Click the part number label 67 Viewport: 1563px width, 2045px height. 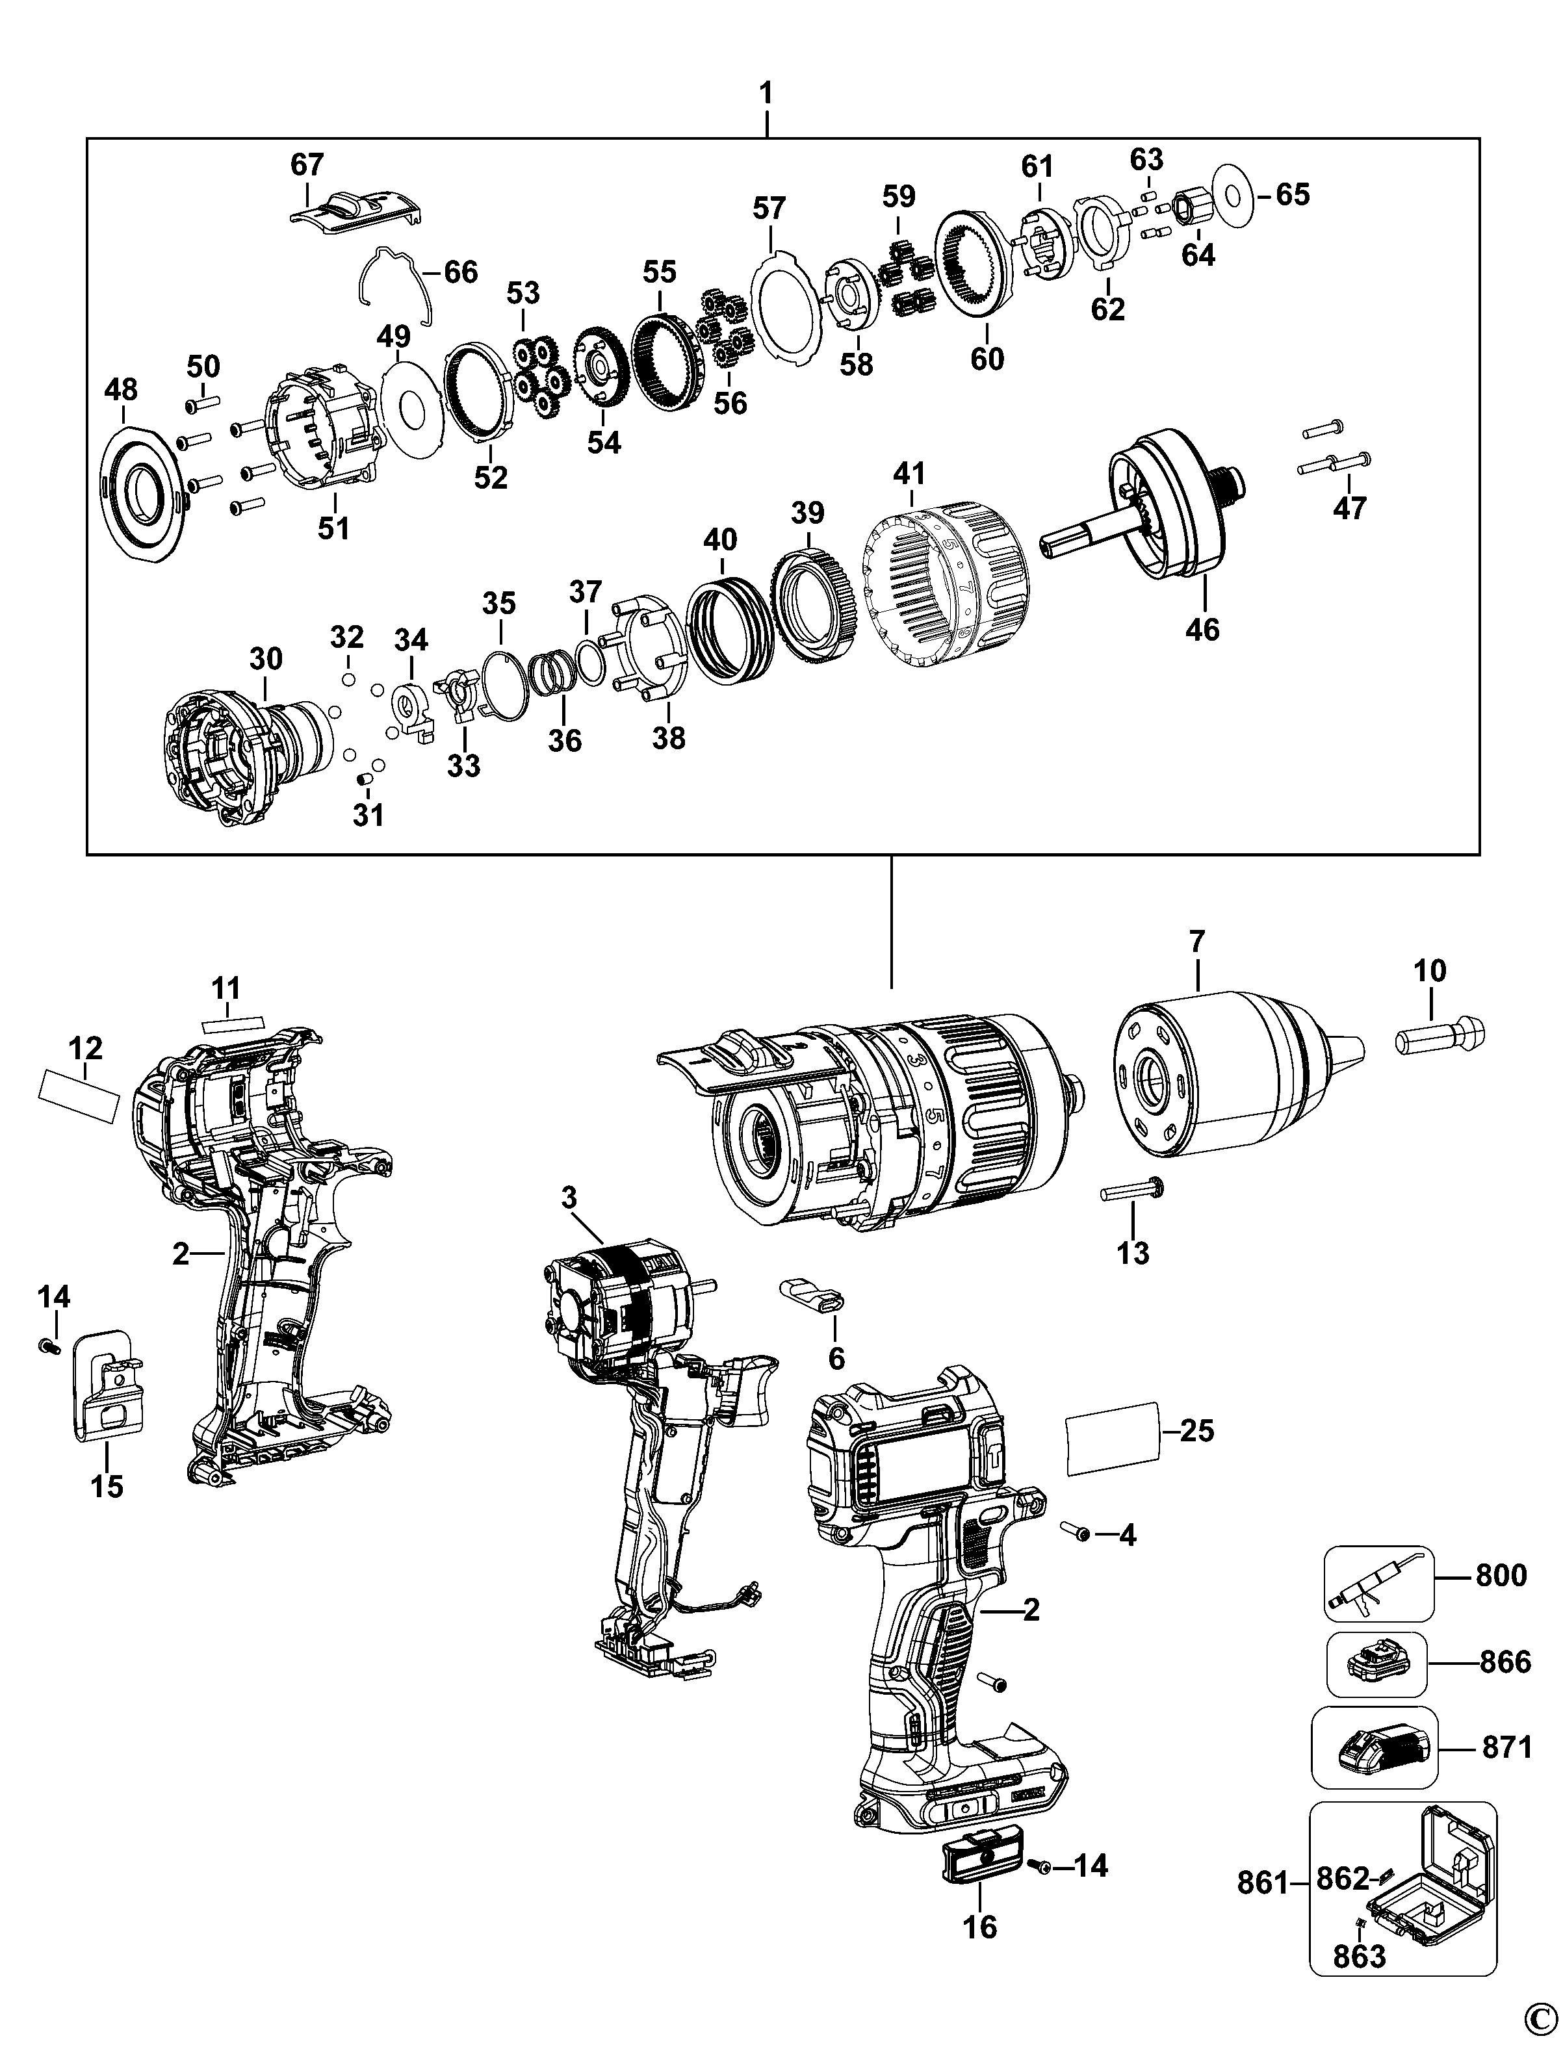coord(307,164)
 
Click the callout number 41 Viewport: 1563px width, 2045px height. coord(909,474)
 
